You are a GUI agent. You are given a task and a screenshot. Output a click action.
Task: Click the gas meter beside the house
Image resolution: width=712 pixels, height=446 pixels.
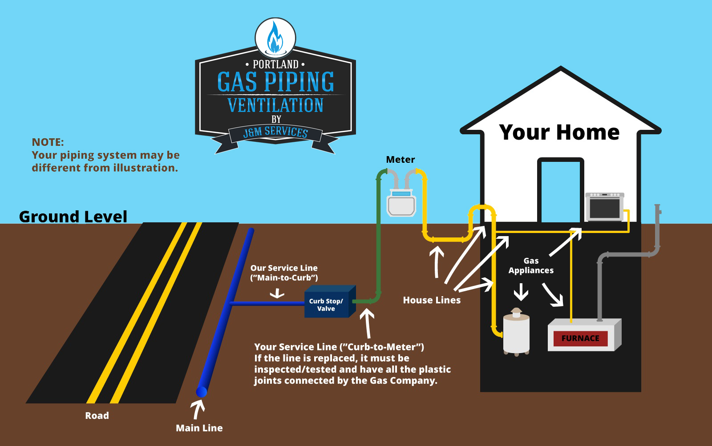coord(401,204)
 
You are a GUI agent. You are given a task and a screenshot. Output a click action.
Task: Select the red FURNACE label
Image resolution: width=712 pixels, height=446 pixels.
coord(580,338)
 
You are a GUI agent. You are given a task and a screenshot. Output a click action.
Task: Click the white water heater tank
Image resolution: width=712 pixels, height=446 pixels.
coord(516,333)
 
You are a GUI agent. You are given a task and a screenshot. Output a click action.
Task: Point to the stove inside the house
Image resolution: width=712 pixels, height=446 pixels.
coord(605,207)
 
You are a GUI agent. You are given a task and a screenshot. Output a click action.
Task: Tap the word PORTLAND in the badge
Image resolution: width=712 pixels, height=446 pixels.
coord(275,64)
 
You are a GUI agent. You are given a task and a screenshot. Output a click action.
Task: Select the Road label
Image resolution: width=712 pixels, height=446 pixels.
coord(97,416)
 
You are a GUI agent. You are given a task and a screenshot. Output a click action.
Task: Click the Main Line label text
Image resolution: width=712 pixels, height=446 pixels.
coord(199,428)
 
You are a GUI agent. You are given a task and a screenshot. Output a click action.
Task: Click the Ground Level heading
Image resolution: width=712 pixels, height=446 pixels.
coord(73,217)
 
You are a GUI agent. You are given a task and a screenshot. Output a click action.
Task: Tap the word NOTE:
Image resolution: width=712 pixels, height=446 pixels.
coord(48,142)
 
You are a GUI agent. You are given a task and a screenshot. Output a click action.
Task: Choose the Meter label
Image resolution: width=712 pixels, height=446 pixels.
coord(400,160)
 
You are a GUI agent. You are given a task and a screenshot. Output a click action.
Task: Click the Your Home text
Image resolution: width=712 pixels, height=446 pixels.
coord(559,132)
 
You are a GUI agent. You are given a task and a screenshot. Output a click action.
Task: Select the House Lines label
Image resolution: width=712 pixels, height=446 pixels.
coord(432,301)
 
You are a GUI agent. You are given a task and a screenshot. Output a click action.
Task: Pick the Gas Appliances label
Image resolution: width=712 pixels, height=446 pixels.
coord(531,266)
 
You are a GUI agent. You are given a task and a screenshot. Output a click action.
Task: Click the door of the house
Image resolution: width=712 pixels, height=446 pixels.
coord(560,191)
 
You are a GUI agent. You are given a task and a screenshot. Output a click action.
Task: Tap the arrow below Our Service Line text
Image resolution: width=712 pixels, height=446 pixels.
coord(277,293)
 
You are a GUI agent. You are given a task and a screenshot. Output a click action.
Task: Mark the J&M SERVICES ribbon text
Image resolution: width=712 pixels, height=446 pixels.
coord(275,132)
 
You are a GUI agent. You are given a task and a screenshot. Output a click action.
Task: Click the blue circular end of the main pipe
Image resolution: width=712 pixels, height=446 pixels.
coord(202,391)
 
